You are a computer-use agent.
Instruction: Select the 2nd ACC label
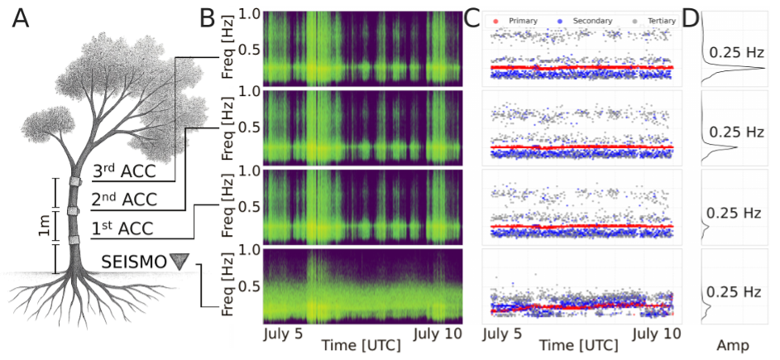(123, 199)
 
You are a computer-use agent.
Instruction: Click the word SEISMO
(134, 262)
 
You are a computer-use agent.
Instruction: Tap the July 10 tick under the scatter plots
(657, 334)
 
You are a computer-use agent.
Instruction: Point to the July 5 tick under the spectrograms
(284, 334)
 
